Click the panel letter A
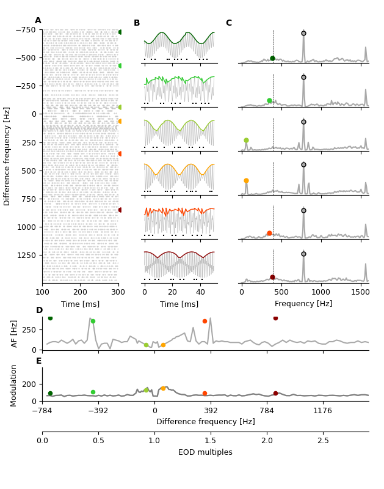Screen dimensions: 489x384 [38, 21]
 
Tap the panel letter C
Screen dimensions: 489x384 [229, 23]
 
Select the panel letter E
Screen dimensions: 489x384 [39, 361]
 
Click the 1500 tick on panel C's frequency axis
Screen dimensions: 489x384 [361, 292]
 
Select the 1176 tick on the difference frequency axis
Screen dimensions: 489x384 [322, 410]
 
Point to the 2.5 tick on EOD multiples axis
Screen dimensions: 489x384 [323, 441]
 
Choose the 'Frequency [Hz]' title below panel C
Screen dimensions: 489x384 [303, 304]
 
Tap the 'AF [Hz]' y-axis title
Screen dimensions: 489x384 [15, 333]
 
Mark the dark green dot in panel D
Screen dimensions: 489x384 [50, 318]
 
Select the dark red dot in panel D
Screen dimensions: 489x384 [275, 318]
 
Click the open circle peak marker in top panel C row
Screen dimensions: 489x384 [303, 34]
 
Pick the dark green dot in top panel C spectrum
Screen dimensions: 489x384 [272, 59]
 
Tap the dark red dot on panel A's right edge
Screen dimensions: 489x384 [120, 210]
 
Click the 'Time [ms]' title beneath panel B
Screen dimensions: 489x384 [179, 304]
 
